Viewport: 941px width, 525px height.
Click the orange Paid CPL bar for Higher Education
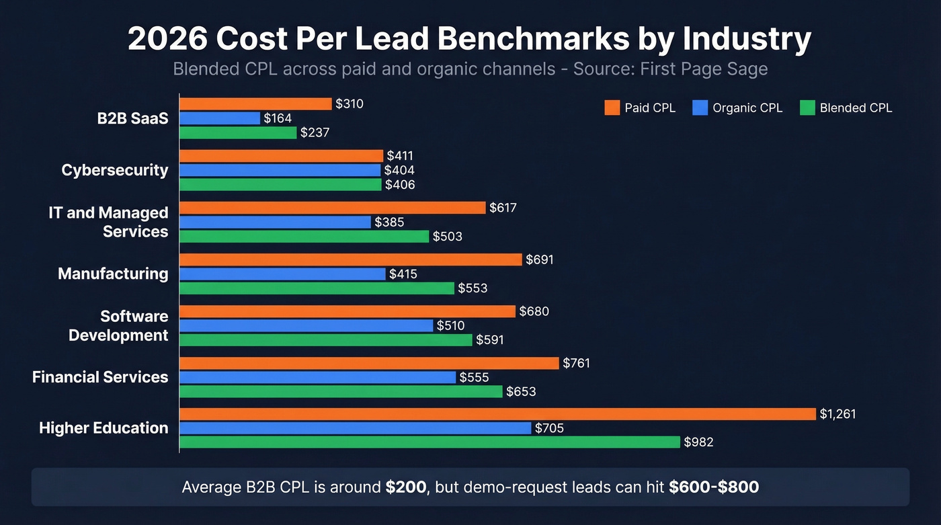tap(497, 414)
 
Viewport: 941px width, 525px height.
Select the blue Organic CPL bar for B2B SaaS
tap(220, 118)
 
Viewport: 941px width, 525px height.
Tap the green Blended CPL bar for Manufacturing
tap(317, 288)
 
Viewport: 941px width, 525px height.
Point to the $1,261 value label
tap(837, 414)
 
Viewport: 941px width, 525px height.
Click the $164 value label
tap(278, 118)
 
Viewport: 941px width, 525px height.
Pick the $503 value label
tap(447, 237)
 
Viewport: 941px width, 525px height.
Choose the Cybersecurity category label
tap(115, 170)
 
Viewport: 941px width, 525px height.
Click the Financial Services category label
tap(100, 377)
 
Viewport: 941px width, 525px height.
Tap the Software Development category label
tap(118, 325)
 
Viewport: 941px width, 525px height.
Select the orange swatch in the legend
tap(612, 108)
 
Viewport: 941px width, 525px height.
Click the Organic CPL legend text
tap(747, 108)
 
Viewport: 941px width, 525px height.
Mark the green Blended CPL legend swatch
tap(807, 108)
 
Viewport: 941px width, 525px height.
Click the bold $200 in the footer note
tap(406, 487)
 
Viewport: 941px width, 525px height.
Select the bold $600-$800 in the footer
tap(714, 487)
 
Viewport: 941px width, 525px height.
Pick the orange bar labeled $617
tap(332, 208)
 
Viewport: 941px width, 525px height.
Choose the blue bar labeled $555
tap(317, 378)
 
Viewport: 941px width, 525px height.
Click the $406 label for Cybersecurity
tap(400, 185)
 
